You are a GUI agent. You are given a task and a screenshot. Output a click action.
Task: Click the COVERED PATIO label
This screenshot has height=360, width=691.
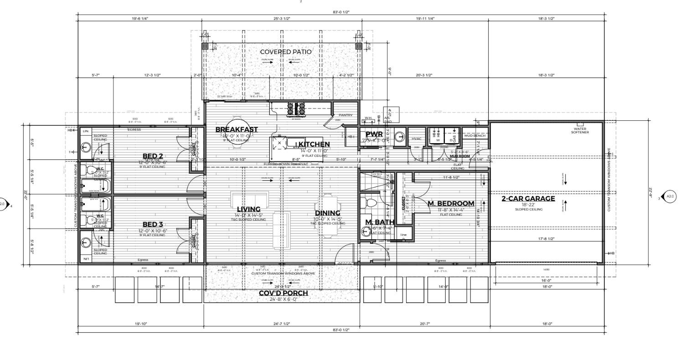pyautogui.click(x=286, y=52)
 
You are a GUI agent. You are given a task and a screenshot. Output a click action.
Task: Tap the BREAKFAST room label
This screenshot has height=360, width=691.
pyautogui.click(x=237, y=129)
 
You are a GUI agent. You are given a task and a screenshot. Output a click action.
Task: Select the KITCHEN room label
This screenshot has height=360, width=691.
pyautogui.click(x=314, y=144)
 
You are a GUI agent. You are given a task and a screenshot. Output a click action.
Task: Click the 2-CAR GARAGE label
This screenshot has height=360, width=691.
pyautogui.click(x=528, y=199)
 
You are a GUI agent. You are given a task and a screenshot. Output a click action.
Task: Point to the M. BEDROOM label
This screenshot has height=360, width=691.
pyautogui.click(x=451, y=203)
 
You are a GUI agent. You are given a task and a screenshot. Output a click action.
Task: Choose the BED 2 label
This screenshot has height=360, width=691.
pyautogui.click(x=153, y=156)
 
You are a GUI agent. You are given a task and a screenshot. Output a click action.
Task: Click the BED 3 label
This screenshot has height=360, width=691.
pyautogui.click(x=153, y=224)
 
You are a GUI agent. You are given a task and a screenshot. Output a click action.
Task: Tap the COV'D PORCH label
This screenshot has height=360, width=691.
pyautogui.click(x=284, y=293)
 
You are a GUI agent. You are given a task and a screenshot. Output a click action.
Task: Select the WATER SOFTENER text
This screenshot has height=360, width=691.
pyautogui.click(x=580, y=130)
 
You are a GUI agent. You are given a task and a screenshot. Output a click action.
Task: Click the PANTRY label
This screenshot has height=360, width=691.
pyautogui.click(x=345, y=115)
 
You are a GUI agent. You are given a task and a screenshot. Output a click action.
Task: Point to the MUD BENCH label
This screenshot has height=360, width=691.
pyautogui.click(x=474, y=136)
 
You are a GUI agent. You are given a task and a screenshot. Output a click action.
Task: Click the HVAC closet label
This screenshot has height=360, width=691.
pyautogui.click(x=416, y=139)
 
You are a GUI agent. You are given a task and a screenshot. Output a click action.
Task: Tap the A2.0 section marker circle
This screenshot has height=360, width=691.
pyautogui.click(x=670, y=197)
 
